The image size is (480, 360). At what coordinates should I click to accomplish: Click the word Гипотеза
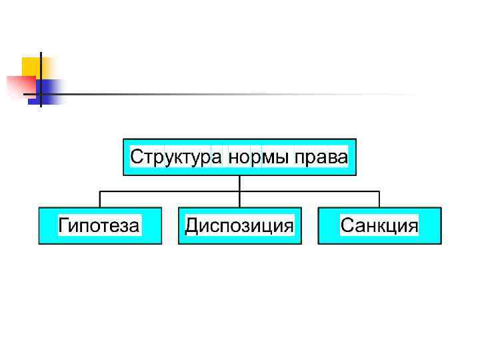[99, 225]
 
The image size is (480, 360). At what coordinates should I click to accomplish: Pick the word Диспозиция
[239, 225]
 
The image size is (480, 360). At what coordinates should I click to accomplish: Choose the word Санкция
[379, 225]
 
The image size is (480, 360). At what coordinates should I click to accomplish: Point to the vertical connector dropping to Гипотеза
[100, 199]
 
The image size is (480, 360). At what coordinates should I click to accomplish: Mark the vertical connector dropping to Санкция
[379, 199]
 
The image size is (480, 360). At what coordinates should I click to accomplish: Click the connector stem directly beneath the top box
[239, 183]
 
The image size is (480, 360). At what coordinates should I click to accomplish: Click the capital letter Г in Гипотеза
[64, 225]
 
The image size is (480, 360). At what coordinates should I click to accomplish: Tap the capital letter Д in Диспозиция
[191, 225]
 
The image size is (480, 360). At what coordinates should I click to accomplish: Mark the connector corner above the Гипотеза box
[100, 191]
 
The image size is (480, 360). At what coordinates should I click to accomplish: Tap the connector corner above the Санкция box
[379, 191]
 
